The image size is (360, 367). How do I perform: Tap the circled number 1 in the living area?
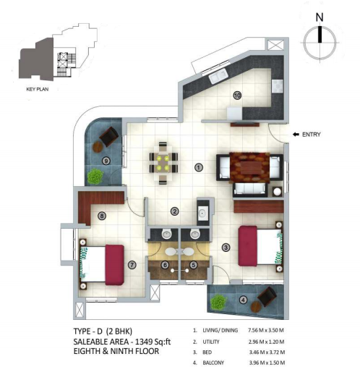[197, 167]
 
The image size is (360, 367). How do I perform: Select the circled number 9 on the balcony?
[106, 161]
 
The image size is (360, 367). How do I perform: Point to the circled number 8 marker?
[102, 215]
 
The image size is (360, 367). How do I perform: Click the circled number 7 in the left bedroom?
[132, 265]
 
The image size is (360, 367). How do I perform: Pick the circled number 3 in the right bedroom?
[226, 248]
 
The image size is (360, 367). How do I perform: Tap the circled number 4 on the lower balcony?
[243, 300]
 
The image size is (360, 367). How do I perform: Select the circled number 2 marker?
[174, 211]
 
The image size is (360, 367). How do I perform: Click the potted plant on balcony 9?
[95, 175]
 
